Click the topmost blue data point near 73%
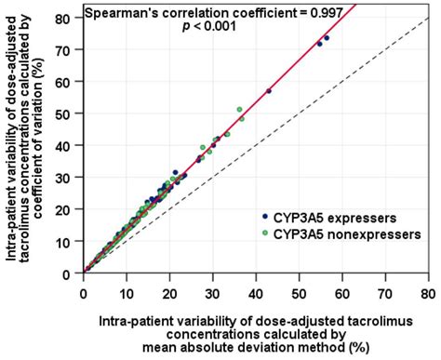(327, 38)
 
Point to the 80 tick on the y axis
(68, 18)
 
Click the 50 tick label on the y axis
(68, 113)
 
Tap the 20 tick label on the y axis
(68, 209)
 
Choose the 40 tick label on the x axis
(255, 288)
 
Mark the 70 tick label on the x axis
(383, 288)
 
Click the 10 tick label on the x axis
(127, 288)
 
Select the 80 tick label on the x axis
(426, 288)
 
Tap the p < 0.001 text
(209, 27)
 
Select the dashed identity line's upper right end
(425, 20)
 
